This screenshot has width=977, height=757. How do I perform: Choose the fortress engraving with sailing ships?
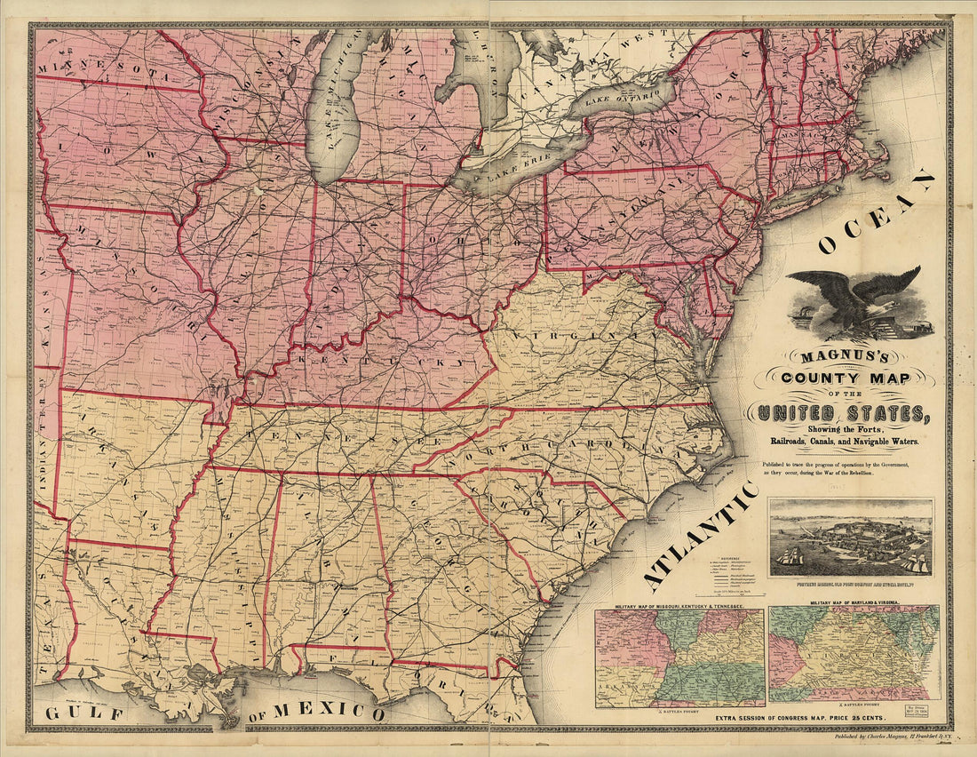pyautogui.click(x=850, y=538)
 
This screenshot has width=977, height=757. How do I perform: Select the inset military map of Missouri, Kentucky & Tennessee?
pyautogui.click(x=679, y=657)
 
